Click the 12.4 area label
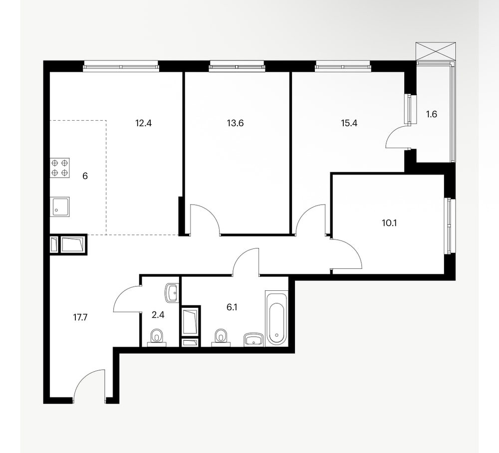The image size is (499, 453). click(x=143, y=123)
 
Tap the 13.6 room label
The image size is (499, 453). click(x=235, y=123)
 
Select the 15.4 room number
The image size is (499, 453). click(x=349, y=123)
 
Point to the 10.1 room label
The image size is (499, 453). click(x=389, y=223)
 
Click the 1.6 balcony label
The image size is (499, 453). click(x=432, y=114)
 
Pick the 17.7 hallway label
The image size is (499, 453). click(x=80, y=317)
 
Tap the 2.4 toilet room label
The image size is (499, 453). click(x=158, y=315)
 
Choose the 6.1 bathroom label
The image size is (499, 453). click(x=232, y=307)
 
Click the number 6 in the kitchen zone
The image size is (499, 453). click(x=85, y=176)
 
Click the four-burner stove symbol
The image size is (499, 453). click(x=60, y=168)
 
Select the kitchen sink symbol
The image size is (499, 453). click(x=60, y=207)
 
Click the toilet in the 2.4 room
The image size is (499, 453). click(x=156, y=337)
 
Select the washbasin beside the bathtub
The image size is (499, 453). click(x=253, y=339)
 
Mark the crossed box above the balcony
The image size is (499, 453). click(x=436, y=51)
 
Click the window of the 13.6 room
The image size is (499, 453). click(x=237, y=67)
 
